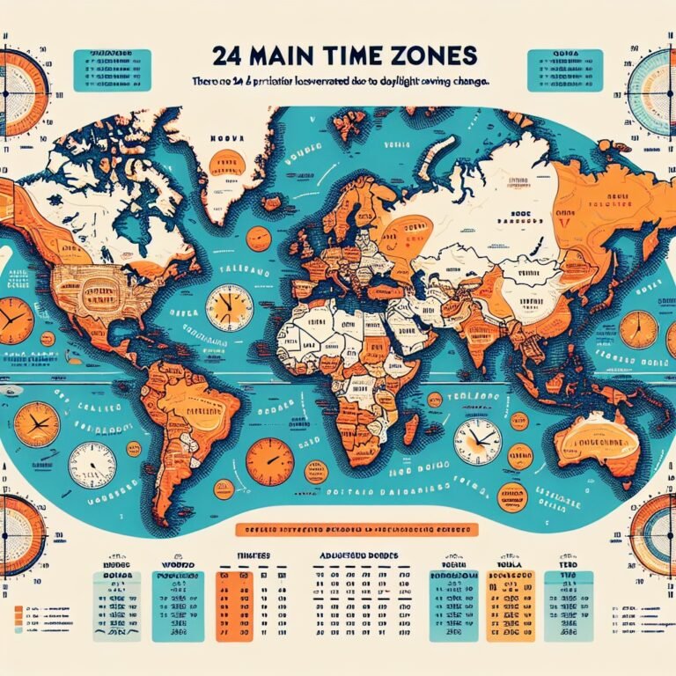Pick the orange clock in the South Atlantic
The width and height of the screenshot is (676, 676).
click(x=269, y=461)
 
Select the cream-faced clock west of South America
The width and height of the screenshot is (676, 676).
click(x=92, y=465)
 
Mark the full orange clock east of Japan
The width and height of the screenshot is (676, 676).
click(x=637, y=328)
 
